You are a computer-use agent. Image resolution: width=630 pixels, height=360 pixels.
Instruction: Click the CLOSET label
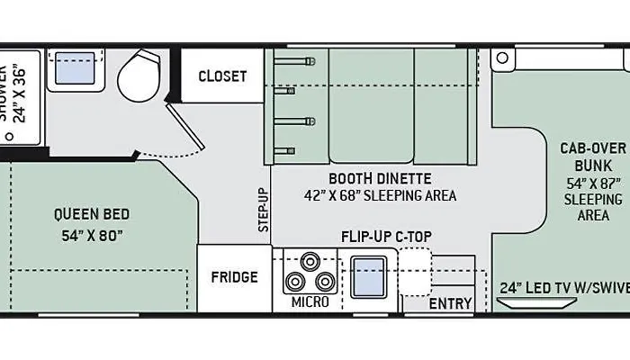(x=222, y=76)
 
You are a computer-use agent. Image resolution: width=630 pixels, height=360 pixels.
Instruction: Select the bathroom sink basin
(x=76, y=69)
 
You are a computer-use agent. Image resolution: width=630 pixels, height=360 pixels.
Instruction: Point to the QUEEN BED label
(x=91, y=214)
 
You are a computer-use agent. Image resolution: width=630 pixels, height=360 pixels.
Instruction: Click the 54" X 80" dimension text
(x=91, y=236)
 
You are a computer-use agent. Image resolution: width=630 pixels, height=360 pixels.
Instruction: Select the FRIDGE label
(x=235, y=277)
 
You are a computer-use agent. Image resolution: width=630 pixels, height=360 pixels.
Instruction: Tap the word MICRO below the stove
(x=310, y=302)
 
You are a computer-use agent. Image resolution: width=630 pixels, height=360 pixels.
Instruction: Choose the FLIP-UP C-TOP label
(x=386, y=238)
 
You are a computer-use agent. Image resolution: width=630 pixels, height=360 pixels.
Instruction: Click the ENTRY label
(x=450, y=304)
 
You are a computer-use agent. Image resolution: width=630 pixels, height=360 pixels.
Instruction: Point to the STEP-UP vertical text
(x=264, y=210)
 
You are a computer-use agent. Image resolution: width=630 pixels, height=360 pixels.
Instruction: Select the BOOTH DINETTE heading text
(x=380, y=178)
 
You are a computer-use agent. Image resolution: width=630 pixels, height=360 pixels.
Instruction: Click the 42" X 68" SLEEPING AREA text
(x=380, y=195)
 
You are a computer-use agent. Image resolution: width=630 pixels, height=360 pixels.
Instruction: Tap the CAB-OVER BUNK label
(x=587, y=157)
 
